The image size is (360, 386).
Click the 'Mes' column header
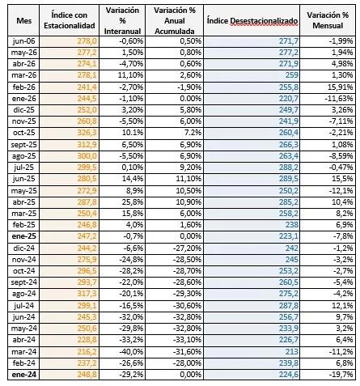pyautogui.click(x=23, y=20)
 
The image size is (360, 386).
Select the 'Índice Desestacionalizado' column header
pyautogui.click(x=252, y=21)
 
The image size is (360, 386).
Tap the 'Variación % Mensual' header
pyautogui.click(x=328, y=20)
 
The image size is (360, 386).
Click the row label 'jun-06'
pyautogui.click(x=23, y=41)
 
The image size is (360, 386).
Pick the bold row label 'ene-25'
pyautogui.click(x=23, y=236)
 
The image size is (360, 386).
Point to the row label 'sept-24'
pyautogui.click(x=23, y=282)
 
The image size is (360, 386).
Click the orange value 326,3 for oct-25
pyautogui.click(x=87, y=133)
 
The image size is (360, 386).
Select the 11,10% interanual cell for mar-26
pyautogui.click(x=130, y=75)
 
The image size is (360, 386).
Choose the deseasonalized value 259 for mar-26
pyautogui.click(x=292, y=75)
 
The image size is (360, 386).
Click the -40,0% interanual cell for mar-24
pyautogui.click(x=131, y=352)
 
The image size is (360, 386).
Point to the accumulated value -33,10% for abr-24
pyautogui.click(x=187, y=340)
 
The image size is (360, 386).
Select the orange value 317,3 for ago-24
pyautogui.click(x=87, y=294)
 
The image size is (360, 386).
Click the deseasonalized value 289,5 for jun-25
pyautogui.click(x=289, y=179)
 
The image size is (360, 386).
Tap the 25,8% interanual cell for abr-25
pyautogui.click(x=133, y=202)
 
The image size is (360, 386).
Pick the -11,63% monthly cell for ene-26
pyautogui.click(x=339, y=99)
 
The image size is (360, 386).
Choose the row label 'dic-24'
pyautogui.click(x=23, y=248)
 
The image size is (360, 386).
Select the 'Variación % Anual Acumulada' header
pyautogui.click(x=175, y=21)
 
